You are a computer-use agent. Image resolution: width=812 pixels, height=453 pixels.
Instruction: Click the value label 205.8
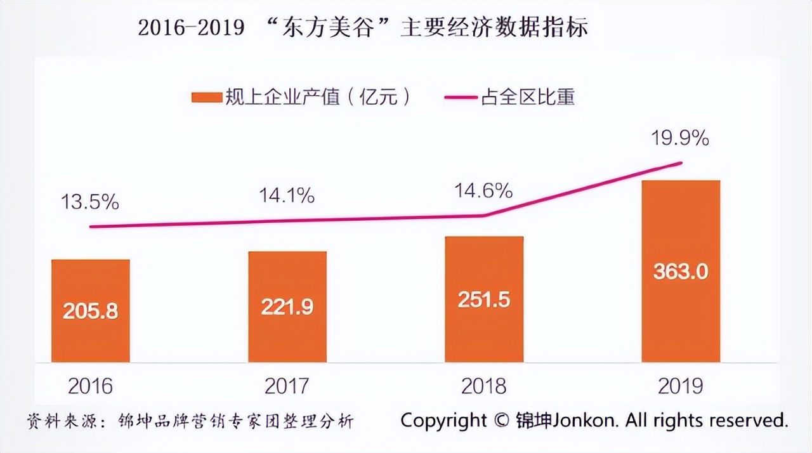(x=91, y=312)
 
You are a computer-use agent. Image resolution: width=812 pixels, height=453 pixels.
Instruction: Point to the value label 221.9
(x=287, y=306)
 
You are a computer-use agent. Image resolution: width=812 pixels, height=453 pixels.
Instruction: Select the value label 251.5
(x=484, y=299)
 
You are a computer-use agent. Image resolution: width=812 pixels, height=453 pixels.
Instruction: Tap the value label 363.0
(x=681, y=271)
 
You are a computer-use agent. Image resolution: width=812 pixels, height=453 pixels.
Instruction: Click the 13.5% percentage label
(x=89, y=202)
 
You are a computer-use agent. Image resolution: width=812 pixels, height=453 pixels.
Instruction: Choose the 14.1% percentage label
(x=286, y=196)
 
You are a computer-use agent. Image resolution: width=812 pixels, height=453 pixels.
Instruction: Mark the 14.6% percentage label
(x=483, y=190)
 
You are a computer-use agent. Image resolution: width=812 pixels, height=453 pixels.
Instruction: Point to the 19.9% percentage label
(x=680, y=138)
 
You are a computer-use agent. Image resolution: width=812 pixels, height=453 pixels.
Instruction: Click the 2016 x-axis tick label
(x=90, y=386)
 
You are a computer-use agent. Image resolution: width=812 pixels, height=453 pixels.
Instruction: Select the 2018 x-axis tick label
(x=484, y=386)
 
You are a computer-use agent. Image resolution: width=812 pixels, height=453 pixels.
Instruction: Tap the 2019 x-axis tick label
(x=681, y=386)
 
